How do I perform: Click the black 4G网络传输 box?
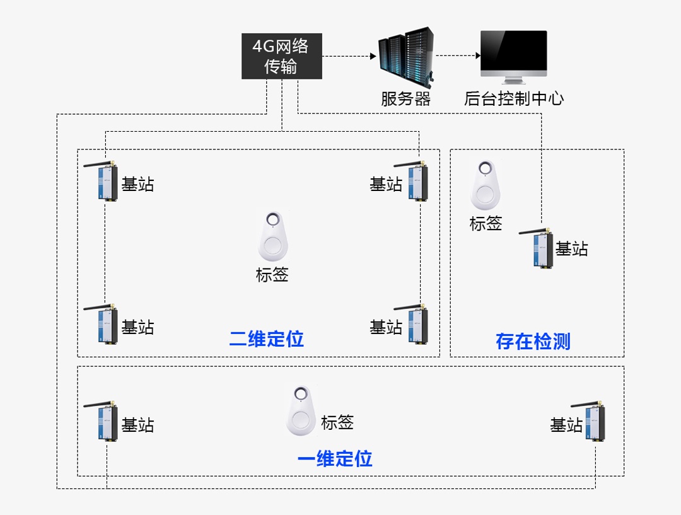pyautogui.click(x=281, y=56)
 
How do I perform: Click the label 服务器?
pyautogui.click(x=405, y=99)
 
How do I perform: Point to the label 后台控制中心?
pyautogui.click(x=513, y=99)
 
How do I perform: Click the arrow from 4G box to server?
pyautogui.click(x=349, y=56)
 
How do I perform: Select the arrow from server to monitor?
pyautogui.click(x=458, y=56)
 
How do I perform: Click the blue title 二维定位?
pyautogui.click(x=266, y=339)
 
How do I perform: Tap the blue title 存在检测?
pyautogui.click(x=533, y=342)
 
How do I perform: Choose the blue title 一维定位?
pyautogui.click(x=335, y=458)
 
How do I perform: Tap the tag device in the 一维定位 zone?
pyautogui.click(x=301, y=411)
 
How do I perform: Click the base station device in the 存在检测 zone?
pyautogui.click(x=542, y=248)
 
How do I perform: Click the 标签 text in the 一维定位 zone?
pyautogui.click(x=337, y=423)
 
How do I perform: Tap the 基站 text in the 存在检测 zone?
pyautogui.click(x=571, y=249)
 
